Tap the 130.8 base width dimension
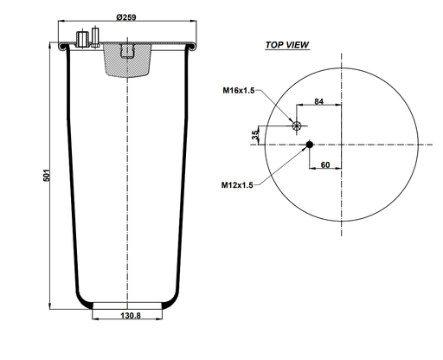[x=127, y=317]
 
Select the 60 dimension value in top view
[x=325, y=164]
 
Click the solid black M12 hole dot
[x=309, y=145]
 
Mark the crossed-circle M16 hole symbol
[x=298, y=126]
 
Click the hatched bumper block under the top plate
[x=127, y=61]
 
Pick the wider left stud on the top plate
[x=83, y=39]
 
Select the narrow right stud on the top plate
[x=95, y=38]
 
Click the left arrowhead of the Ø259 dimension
[x=61, y=23]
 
